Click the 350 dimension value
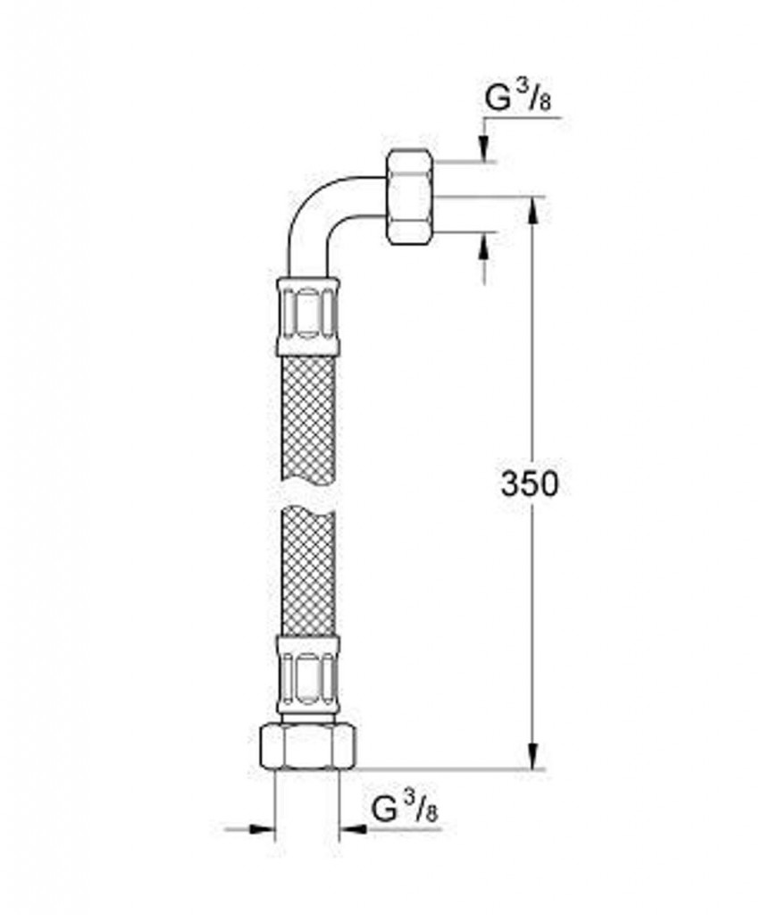tap(529, 483)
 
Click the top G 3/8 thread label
tap(518, 98)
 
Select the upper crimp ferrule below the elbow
tap(307, 317)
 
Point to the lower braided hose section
tap(307, 569)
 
